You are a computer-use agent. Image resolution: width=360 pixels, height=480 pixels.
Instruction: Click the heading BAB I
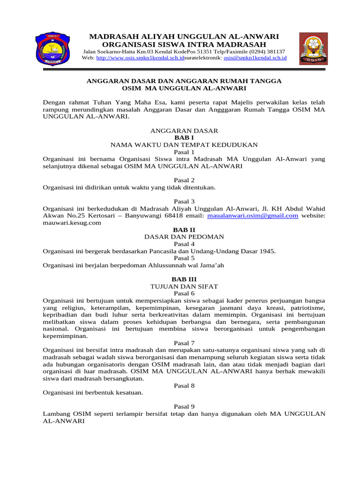[x=184, y=138]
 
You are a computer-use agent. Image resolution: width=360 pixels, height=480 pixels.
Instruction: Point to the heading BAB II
[x=184, y=230]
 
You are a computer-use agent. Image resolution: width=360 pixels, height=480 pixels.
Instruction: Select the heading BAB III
[x=184, y=279]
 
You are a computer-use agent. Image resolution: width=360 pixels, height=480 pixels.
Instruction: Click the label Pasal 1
[x=184, y=152]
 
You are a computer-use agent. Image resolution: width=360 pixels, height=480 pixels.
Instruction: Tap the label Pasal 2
[x=184, y=180]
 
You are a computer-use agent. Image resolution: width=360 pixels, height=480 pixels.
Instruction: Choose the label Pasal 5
[x=184, y=258]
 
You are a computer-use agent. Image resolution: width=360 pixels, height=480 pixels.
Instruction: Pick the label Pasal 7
[x=184, y=343]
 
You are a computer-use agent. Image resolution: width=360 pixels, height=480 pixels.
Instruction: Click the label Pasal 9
[x=184, y=406]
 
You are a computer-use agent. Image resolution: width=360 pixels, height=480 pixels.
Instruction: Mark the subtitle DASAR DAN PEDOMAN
[x=184, y=237]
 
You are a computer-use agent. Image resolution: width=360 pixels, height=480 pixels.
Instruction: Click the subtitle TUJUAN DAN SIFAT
[x=184, y=286]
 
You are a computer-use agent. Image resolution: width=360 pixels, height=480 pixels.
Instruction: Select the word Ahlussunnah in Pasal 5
[x=156, y=265]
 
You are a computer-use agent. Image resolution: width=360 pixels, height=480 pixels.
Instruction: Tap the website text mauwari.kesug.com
[x=72, y=223]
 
